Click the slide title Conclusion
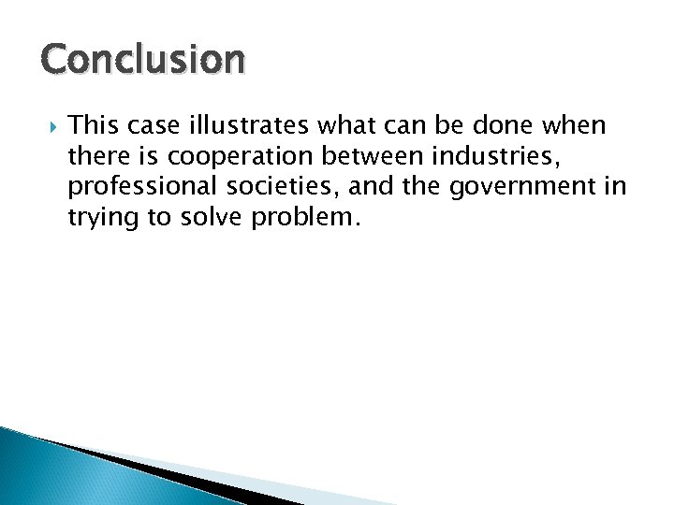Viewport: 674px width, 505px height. pyautogui.click(x=143, y=61)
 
